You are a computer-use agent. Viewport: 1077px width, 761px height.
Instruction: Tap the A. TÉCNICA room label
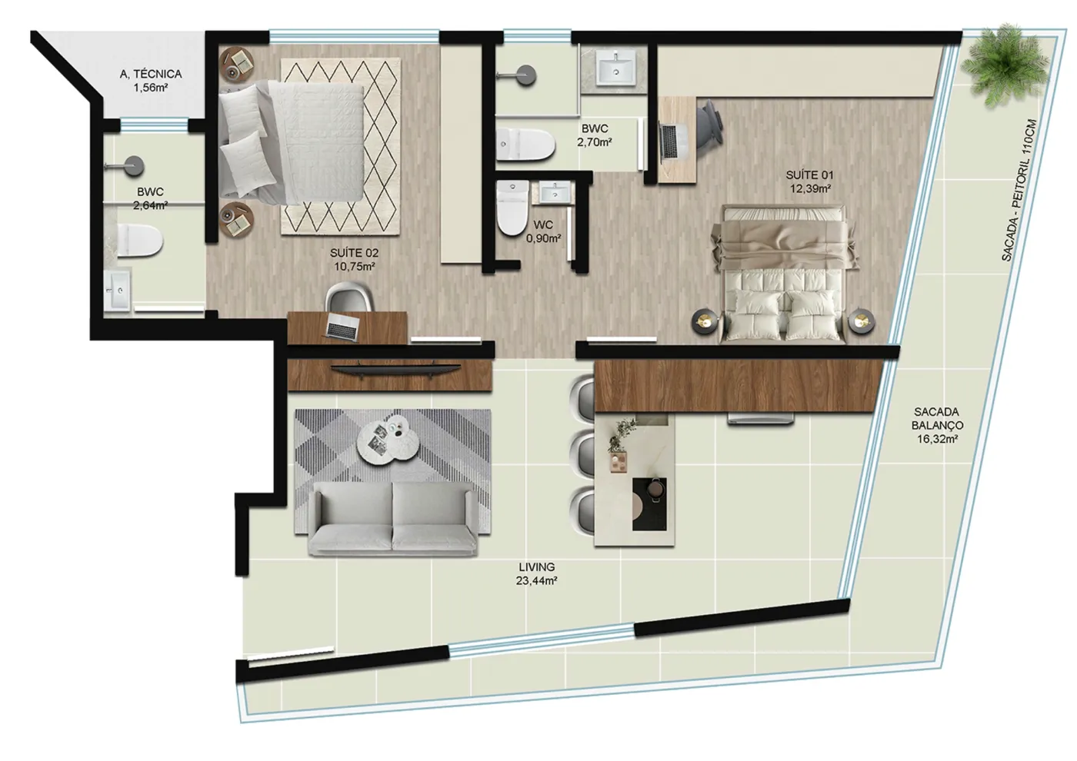pos(151,74)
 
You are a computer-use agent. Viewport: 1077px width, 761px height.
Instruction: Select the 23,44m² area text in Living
pos(537,580)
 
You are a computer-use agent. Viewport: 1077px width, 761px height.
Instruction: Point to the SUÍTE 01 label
pos(809,175)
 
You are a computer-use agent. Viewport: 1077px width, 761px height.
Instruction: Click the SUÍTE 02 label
pos(355,253)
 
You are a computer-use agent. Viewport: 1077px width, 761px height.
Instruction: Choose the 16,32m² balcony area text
pos(937,439)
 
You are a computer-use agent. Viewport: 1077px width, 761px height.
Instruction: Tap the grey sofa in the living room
pos(392,518)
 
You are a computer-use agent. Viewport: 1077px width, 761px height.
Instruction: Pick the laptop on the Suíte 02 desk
pos(343,326)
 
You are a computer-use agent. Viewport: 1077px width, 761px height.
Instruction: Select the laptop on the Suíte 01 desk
pos(670,141)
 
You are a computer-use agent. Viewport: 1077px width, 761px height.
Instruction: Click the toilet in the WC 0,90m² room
pos(512,208)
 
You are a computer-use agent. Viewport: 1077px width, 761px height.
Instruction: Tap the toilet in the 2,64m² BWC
pos(140,240)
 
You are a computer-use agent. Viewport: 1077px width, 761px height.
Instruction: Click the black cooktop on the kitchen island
pos(649,504)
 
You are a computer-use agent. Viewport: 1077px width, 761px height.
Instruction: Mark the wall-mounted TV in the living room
pos(395,370)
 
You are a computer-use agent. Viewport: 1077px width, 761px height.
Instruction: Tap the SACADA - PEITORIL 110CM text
pos(1019,191)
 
